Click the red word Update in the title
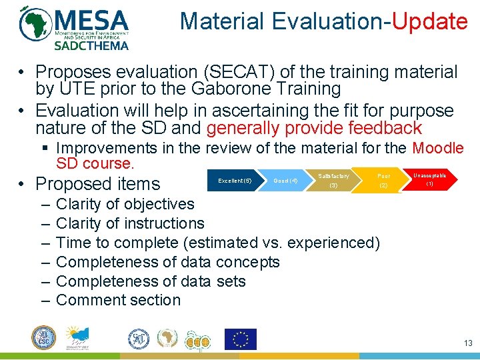[x=429, y=21]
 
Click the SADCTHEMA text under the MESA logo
[x=91, y=45]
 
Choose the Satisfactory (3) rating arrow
[x=333, y=180]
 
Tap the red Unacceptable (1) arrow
[x=430, y=179]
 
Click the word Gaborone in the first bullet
[x=229, y=89]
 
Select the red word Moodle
[x=438, y=147]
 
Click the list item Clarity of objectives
[x=125, y=204]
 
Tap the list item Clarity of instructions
[x=130, y=223]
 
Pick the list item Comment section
[x=118, y=300]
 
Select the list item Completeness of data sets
[x=151, y=281]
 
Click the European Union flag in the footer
[x=240, y=339]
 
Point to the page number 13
[x=467, y=343]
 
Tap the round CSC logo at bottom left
[x=44, y=338]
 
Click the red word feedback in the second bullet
[x=380, y=128]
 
